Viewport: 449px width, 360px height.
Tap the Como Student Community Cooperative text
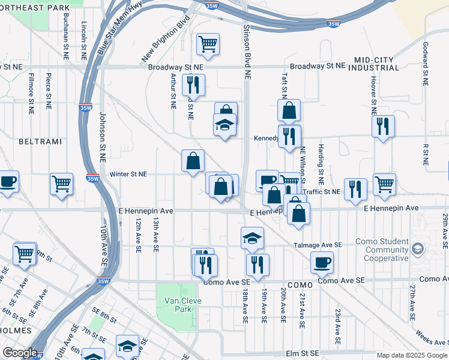pyautogui.click(x=382, y=250)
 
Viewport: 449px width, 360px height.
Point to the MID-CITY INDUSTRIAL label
pyautogui.click(x=376, y=64)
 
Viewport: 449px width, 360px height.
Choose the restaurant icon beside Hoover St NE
pyautogui.click(x=382, y=126)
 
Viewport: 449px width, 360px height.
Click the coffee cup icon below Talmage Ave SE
pyautogui.click(x=322, y=262)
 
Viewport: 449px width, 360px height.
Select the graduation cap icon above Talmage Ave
pyautogui.click(x=253, y=238)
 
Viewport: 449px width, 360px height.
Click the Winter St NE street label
pyautogui.click(x=128, y=175)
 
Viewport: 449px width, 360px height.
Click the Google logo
pyautogui.click(x=20, y=353)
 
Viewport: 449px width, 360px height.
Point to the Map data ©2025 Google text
pyautogui.click(x=411, y=355)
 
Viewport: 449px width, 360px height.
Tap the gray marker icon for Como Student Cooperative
pyautogui.click(x=418, y=247)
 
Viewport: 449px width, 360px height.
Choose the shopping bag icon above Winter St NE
pyautogui.click(x=192, y=161)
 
